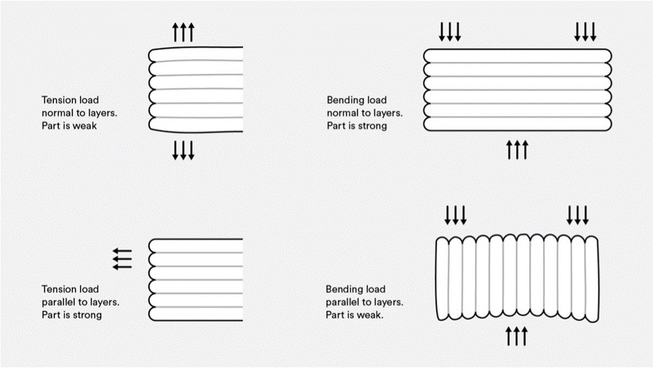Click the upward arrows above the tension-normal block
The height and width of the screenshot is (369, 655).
click(x=184, y=32)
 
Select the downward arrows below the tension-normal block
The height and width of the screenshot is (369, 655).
click(x=184, y=150)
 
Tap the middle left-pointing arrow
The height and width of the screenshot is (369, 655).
click(x=122, y=259)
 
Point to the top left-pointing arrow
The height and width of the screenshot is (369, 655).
click(x=122, y=252)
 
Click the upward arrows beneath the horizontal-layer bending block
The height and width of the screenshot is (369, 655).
click(x=517, y=150)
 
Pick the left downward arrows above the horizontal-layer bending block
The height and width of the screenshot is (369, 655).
click(x=450, y=32)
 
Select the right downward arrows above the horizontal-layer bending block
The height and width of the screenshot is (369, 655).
click(x=585, y=32)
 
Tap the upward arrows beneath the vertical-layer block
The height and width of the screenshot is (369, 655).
click(x=516, y=336)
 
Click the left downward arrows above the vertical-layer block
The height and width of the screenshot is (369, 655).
click(x=455, y=215)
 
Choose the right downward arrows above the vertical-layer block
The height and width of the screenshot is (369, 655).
click(x=578, y=215)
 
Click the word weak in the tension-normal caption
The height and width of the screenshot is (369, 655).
click(x=85, y=126)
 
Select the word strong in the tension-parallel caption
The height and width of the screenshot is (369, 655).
click(x=88, y=315)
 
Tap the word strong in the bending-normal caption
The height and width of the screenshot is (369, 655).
click(x=373, y=126)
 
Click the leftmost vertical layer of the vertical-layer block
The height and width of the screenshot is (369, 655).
click(x=443, y=279)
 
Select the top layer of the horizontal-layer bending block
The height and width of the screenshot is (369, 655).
click(x=518, y=56)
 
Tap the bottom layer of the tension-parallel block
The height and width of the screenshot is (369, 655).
click(x=196, y=314)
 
